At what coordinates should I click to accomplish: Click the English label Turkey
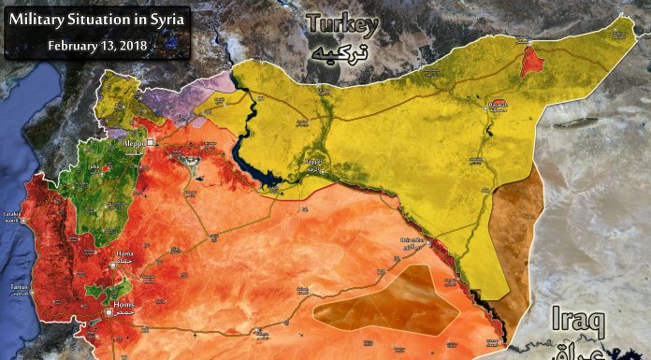pos(347,25)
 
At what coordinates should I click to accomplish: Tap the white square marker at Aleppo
pos(149,141)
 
